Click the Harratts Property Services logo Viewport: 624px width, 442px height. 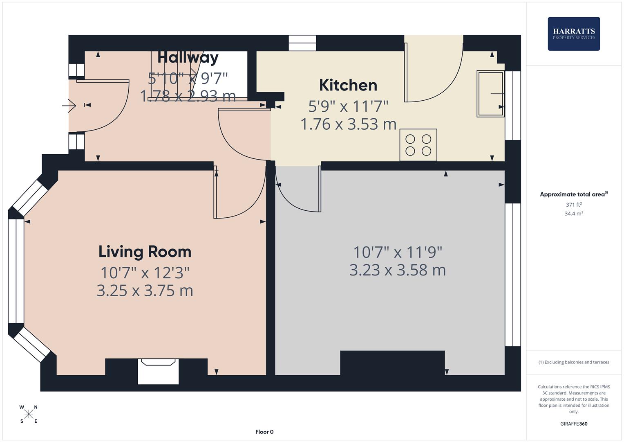pos(573,34)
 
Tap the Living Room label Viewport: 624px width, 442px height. pos(145,251)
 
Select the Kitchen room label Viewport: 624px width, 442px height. pos(348,85)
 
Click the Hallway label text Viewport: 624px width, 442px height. pos(188,57)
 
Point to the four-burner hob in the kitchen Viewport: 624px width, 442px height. pos(418,145)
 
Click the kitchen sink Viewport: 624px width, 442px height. pos(490,94)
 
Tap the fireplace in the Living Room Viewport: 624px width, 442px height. pos(158,371)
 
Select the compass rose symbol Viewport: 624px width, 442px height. pos(29,414)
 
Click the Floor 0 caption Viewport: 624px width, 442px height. pos(264,432)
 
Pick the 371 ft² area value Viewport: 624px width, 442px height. pos(573,205)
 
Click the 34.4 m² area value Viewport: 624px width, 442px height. pos(573,214)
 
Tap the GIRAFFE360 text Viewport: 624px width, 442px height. pos(573,424)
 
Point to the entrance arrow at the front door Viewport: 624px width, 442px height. pos(69,106)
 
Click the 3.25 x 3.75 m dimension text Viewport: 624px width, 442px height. pos(145,291)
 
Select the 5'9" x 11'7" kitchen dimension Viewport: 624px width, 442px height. pos(348,106)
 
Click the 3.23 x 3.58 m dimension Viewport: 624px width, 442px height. pos(397,270)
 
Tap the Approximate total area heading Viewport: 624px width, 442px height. pos(573,194)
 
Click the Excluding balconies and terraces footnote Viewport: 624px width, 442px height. pos(573,362)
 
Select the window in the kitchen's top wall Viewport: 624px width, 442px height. pos(302,43)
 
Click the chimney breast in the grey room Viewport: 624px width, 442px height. pos(392,363)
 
